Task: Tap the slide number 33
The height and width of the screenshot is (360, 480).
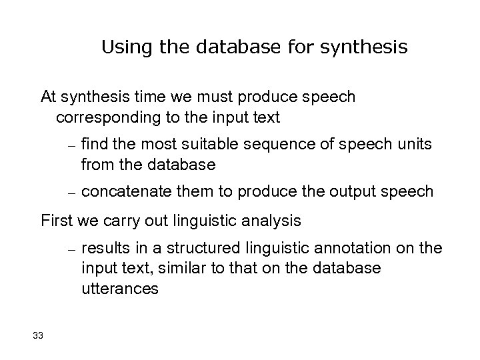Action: (x=37, y=335)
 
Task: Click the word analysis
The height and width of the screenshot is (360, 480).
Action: (x=275, y=220)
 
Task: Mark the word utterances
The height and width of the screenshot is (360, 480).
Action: (x=120, y=289)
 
